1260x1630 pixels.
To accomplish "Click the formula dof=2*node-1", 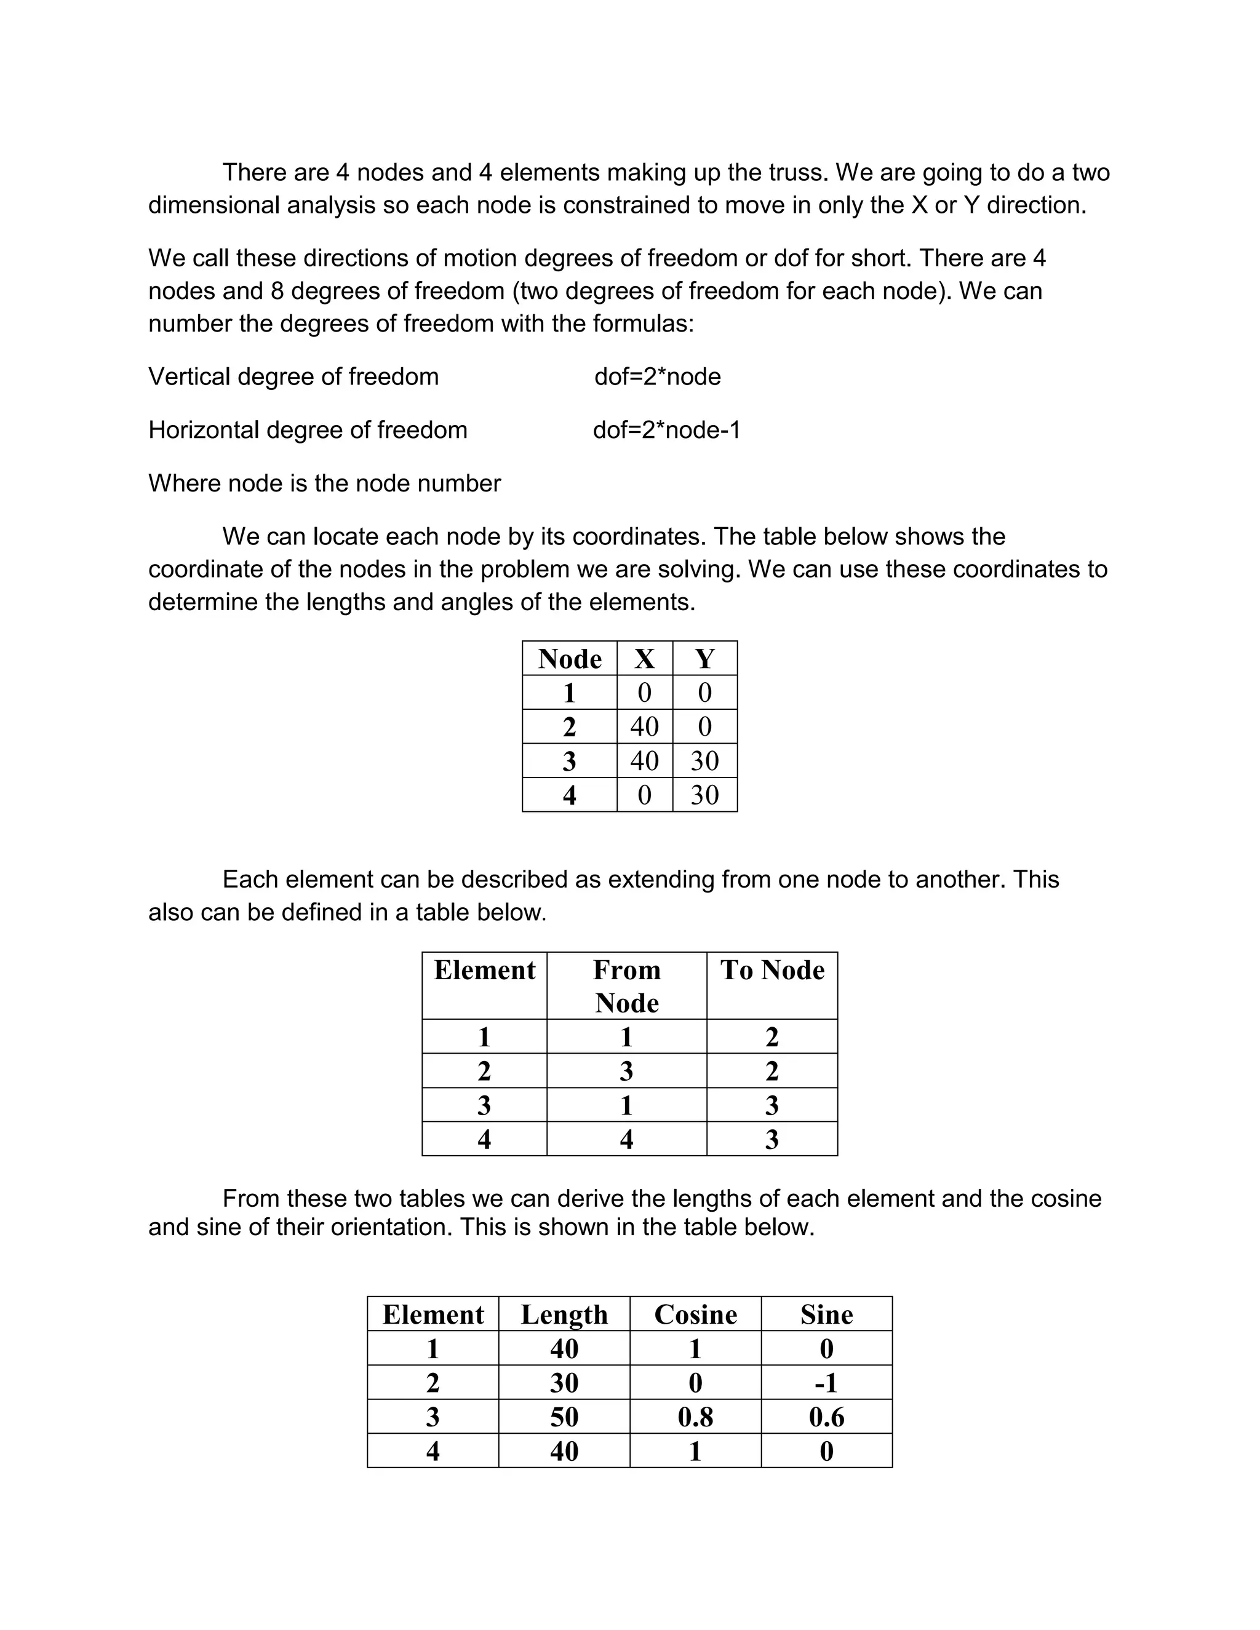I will coord(666,430).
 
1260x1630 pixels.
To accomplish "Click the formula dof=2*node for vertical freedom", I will coord(657,376).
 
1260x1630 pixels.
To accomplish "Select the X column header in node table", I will coord(644,659).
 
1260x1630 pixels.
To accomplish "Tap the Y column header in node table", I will coord(704,659).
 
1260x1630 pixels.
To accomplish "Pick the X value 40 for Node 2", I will coord(644,726).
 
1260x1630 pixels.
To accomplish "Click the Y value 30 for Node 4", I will coord(704,795).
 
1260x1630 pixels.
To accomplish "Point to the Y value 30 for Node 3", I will coord(704,760).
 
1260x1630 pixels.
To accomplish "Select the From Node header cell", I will coord(626,986).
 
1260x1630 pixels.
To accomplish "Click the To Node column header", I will coord(772,970).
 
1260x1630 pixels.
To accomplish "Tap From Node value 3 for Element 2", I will coord(626,1071).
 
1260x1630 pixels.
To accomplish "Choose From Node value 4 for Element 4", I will coord(626,1139).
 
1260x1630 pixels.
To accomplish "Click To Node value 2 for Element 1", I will coord(772,1036).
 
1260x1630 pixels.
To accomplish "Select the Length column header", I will coord(564,1314).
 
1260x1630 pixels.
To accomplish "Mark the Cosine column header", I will coord(695,1314).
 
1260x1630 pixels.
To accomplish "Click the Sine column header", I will coord(826,1314).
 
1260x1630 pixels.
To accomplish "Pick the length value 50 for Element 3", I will coord(564,1417).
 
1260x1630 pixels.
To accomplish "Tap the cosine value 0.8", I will coord(695,1417).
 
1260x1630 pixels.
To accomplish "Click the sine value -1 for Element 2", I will coord(826,1383).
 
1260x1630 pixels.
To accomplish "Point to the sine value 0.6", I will coord(826,1417).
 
